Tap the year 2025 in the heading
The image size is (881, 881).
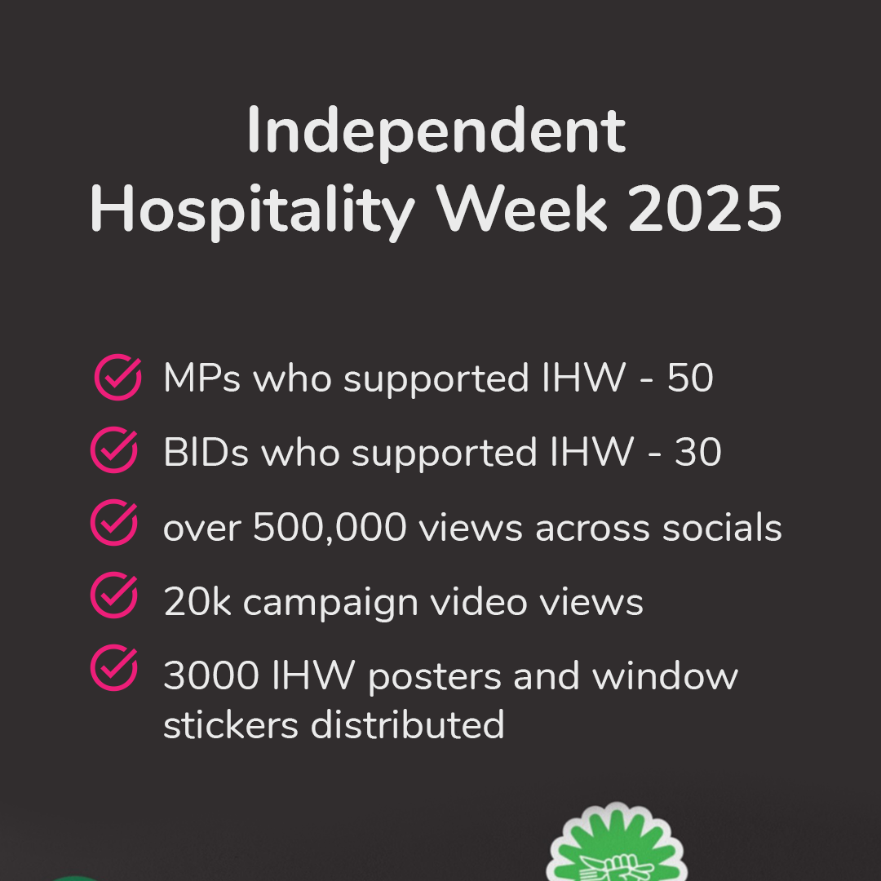click(705, 209)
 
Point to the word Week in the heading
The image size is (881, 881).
click(523, 209)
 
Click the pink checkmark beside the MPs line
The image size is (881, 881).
click(118, 377)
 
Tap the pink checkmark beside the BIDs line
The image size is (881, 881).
click(114, 449)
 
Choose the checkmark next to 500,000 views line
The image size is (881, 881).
click(114, 522)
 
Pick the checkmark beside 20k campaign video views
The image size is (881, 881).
click(114, 595)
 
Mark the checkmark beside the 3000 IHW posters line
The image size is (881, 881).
click(114, 667)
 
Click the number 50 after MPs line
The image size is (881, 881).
click(691, 378)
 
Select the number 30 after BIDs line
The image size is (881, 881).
click(698, 452)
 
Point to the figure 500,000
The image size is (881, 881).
click(330, 528)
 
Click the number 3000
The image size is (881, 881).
click(211, 675)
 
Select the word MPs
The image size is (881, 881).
click(202, 378)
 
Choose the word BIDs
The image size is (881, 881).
click(206, 452)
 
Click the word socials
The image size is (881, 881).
click(722, 526)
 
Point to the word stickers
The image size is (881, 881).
click(231, 724)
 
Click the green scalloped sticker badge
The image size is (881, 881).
click(617, 842)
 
